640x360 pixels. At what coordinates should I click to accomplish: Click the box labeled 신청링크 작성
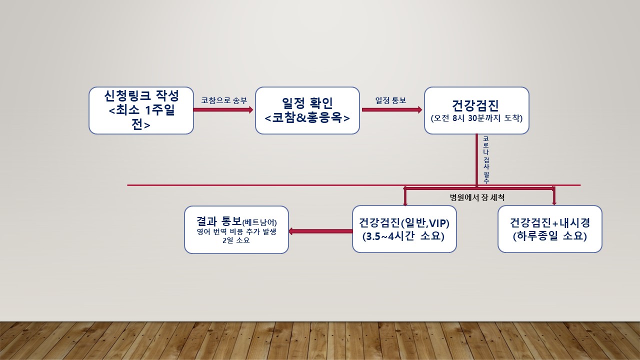coord(141,110)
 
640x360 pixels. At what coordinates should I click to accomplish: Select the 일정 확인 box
coord(307,110)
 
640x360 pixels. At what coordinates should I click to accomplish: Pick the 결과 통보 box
coord(236,229)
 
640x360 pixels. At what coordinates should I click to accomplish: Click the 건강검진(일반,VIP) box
coord(404,228)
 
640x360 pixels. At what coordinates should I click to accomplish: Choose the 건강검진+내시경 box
coord(549,228)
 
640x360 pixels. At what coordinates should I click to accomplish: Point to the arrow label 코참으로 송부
coord(224,100)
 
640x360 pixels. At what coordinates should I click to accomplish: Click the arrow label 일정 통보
coord(390,100)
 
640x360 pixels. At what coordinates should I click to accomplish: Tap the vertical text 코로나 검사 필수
coord(486,159)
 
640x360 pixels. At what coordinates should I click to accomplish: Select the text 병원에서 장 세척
coord(477,197)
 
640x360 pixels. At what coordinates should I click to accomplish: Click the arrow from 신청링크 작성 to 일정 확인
coord(223,109)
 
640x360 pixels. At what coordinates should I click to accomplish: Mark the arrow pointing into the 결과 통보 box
coord(320,231)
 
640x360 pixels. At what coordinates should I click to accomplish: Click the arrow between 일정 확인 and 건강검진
coord(391,109)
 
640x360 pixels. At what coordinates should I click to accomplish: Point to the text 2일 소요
coord(236,240)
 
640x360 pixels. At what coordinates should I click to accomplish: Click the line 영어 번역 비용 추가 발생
coord(236,231)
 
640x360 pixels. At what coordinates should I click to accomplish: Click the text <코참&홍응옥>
coord(307,118)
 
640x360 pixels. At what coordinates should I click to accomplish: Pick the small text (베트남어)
coord(259,222)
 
